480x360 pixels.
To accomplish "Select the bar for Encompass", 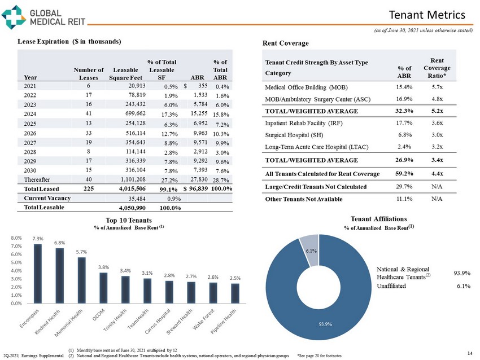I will pyautogui.click(x=38, y=273).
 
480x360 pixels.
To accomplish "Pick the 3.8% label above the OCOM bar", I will pyautogui.click(x=103, y=267).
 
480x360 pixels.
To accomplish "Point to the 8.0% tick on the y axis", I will pyautogui.click(x=17, y=239).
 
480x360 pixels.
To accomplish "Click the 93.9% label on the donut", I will pyautogui.click(x=324, y=324).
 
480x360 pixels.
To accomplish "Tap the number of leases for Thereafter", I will pyautogui.click(x=89, y=178).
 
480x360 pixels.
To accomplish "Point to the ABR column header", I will pyautogui.click(x=198, y=78).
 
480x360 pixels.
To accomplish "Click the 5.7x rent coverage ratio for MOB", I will pyautogui.click(x=436, y=87).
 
